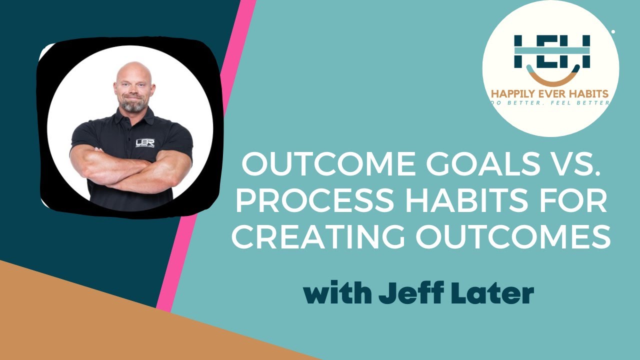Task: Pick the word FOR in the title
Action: point(574,202)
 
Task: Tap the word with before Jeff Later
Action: point(336,294)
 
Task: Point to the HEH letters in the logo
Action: point(552,51)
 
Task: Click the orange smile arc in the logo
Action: point(552,79)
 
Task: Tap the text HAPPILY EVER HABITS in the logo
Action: point(550,93)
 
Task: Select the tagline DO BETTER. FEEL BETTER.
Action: point(550,103)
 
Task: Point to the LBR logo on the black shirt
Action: point(145,143)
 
